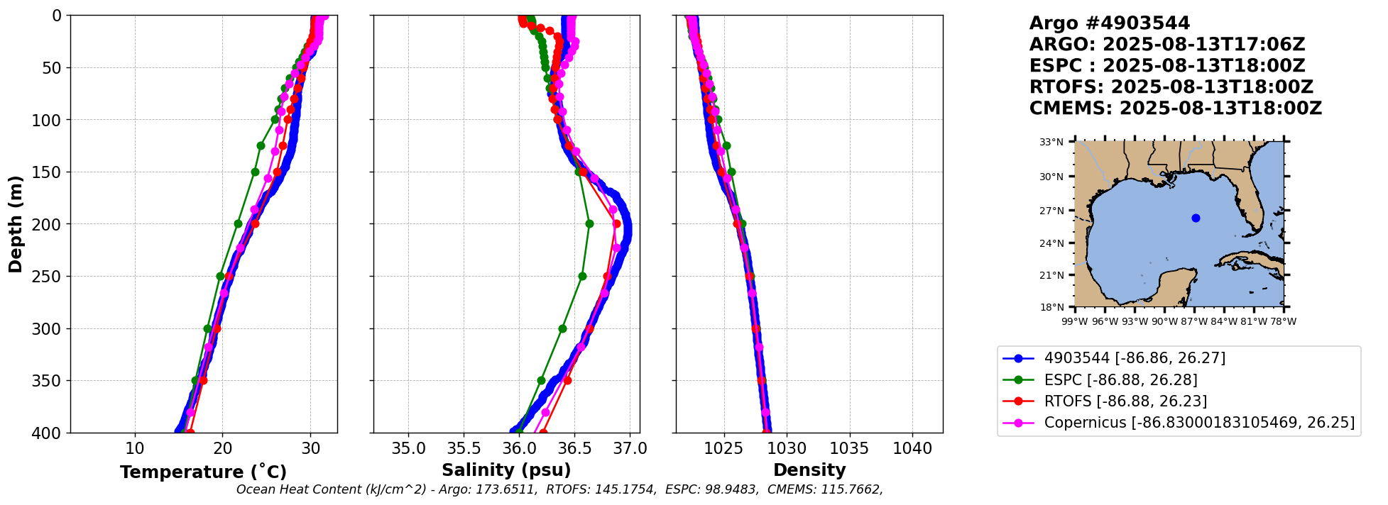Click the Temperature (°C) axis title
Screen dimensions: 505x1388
[x=203, y=472]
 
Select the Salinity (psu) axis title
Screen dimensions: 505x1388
[x=506, y=470]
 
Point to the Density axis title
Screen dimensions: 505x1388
[x=809, y=470]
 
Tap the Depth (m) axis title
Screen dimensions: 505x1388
[x=16, y=223]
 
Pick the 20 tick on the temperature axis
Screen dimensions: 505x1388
[x=222, y=448]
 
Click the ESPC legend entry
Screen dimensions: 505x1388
[x=1120, y=379]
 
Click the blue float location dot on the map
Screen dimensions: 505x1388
[x=1196, y=218]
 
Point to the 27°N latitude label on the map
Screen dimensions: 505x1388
[x=1051, y=211]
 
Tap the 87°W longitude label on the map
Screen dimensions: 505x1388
[x=1194, y=321]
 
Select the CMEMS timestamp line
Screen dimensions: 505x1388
[x=1175, y=109]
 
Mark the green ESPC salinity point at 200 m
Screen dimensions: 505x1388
[x=589, y=223]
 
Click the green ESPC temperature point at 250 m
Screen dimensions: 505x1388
[x=220, y=276]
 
